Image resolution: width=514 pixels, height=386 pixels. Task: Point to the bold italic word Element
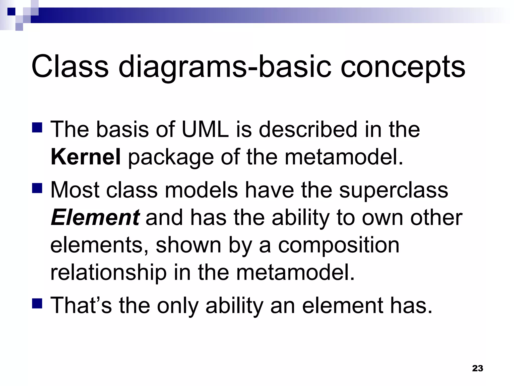coord(95,218)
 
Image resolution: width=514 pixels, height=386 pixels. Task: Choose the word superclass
coord(393,190)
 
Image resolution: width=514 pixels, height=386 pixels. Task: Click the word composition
coord(339,245)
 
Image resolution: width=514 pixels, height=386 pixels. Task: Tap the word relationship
coord(108,273)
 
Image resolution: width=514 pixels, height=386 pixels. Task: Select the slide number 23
coord(477,368)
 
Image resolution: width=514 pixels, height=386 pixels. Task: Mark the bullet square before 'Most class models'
coord(37,188)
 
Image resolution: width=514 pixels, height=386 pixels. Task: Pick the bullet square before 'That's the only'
coord(37,303)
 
